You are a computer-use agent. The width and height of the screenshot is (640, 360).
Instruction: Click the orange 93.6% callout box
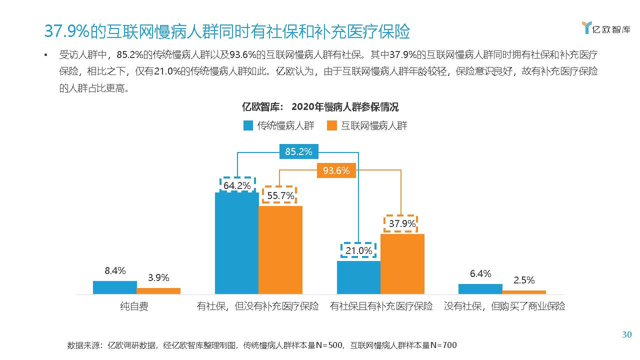pos(336,170)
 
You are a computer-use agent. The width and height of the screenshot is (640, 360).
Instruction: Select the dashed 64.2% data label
pos(237,185)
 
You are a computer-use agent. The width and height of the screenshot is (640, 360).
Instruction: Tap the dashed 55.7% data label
pos(280,195)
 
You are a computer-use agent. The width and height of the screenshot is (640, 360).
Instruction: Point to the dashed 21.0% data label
pos(358,250)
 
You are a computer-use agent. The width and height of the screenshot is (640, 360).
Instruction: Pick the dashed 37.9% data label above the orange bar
pos(402,223)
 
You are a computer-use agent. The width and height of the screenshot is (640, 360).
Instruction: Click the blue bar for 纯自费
pos(114,287)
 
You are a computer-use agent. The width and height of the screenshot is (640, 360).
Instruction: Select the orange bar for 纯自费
pos(158,290)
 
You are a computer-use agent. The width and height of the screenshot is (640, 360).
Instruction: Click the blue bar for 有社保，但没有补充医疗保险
pos(236,243)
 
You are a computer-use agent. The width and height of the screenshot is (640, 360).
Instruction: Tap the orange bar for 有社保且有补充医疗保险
pos(402,263)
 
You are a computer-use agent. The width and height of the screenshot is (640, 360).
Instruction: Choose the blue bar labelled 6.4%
pos(480,288)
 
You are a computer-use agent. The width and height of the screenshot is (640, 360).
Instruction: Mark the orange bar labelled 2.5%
pos(524,292)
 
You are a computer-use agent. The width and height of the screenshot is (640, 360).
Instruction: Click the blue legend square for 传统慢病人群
pos(248,125)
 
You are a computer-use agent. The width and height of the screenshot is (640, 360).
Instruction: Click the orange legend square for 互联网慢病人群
pos(331,125)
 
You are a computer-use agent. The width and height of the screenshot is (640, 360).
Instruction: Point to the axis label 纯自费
pos(134,306)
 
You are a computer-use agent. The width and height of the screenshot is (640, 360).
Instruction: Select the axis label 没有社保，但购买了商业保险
pos(504,306)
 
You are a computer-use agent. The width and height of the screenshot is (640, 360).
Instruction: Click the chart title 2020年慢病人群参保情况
pos(345,107)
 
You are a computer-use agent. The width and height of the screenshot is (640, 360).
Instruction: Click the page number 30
pos(626,334)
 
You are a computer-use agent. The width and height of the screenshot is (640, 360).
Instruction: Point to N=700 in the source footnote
pos(443,345)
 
